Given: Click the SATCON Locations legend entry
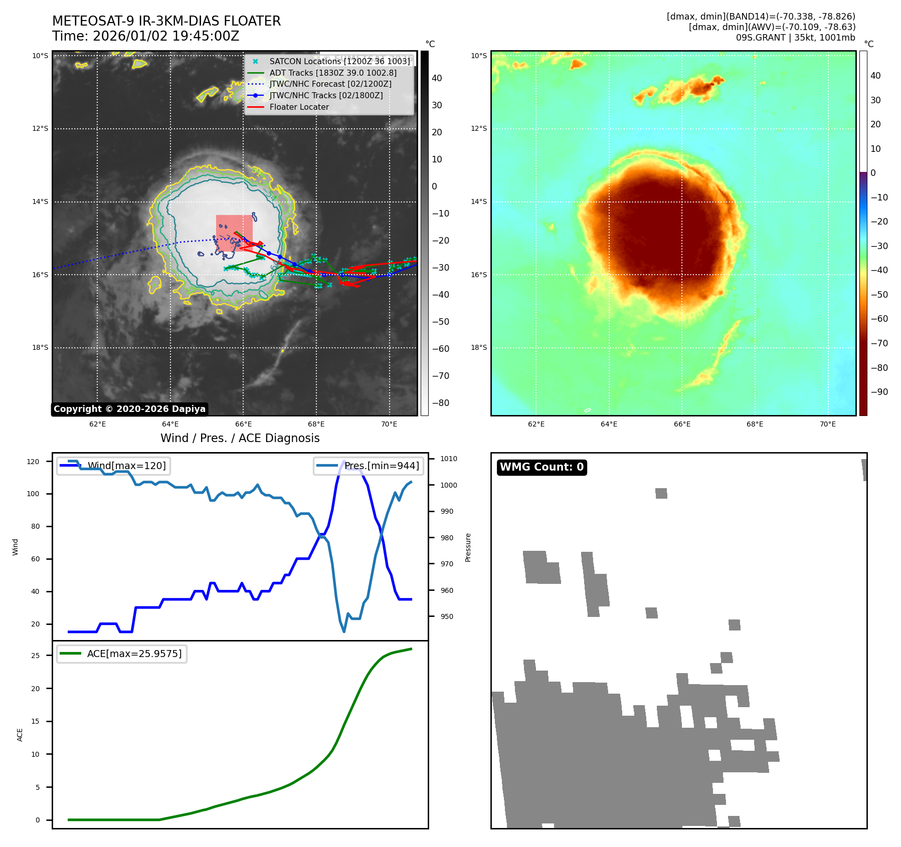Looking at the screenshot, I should (339, 61).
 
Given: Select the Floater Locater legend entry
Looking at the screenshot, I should (299, 107).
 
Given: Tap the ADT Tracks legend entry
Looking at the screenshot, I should (332, 73).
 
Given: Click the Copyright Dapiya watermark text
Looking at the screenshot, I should (129, 409).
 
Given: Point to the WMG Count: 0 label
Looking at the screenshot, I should (542, 467).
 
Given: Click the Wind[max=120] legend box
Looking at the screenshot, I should (113, 466).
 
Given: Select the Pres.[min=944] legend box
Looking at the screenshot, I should (368, 466).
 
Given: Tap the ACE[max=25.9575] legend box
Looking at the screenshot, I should (122, 654).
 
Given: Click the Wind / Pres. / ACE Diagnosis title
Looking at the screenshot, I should (240, 438).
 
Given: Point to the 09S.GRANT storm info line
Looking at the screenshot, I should (795, 38).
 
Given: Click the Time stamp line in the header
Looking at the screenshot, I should (145, 36).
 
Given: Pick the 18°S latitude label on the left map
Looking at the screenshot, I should (40, 347).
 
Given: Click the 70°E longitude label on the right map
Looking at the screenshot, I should (827, 424).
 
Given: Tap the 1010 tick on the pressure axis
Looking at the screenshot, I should (449, 459).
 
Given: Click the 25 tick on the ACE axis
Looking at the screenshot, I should (36, 656).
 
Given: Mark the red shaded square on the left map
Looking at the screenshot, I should (234, 233).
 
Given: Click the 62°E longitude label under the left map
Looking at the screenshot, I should (97, 424).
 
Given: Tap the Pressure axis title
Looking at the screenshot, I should (468, 547).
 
